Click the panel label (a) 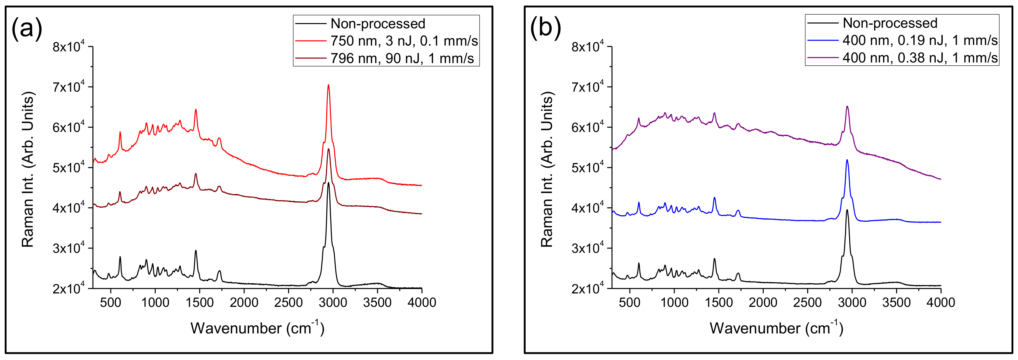point(27,28)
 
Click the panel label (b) point(546,28)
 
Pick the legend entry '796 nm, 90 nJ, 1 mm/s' point(402,58)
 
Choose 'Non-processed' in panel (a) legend point(377,24)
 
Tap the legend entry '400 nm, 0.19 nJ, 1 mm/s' point(920,40)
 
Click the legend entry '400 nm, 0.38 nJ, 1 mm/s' point(920,58)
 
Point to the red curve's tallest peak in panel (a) point(329,85)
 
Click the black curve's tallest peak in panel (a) point(329,182)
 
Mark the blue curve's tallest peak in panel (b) point(847,160)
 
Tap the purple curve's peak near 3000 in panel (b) point(847,106)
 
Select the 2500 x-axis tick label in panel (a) point(289,303)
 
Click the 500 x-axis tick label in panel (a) point(111,303)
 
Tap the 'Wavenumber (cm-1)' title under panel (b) point(776,328)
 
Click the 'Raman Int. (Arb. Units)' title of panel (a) point(28,170)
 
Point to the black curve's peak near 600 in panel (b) point(639,263)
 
